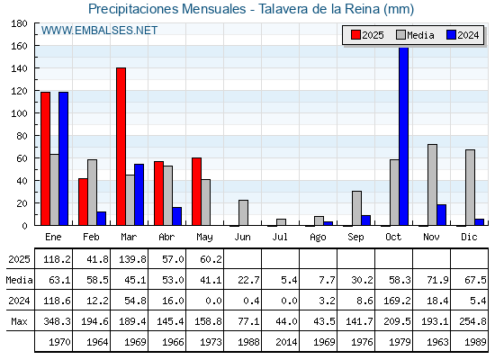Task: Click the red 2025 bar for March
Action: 121,147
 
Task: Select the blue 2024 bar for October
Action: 404,136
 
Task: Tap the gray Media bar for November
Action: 432,184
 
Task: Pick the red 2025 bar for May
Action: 197,192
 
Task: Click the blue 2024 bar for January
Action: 64,158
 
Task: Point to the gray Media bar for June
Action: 244,212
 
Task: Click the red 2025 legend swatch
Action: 355,35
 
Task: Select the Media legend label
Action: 420,35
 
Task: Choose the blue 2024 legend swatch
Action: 451,35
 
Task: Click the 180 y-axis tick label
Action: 19,23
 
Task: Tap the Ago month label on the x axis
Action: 318,238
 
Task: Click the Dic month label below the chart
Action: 469,237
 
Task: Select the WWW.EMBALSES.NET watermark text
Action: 99,31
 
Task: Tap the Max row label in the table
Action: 19,321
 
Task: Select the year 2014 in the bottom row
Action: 286,342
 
